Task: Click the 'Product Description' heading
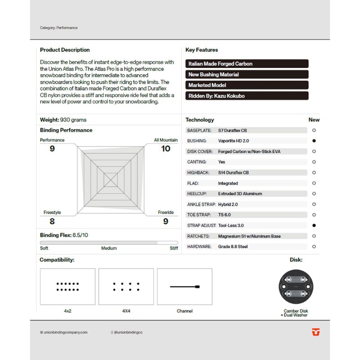click(x=65, y=50)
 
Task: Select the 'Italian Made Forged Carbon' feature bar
click(x=247, y=64)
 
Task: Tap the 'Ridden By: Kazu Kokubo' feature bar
click(x=247, y=96)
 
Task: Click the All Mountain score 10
click(x=166, y=148)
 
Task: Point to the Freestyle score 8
click(x=52, y=221)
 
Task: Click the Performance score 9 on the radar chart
click(x=52, y=148)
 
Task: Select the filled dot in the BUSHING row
click(x=314, y=141)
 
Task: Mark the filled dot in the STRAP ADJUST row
click(x=314, y=225)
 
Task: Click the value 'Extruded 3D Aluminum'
click(x=240, y=194)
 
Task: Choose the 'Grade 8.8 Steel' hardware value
click(x=233, y=247)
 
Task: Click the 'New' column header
click(x=314, y=120)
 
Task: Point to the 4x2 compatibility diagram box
click(x=67, y=287)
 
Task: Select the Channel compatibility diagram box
click(x=184, y=287)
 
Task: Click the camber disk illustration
click(x=296, y=287)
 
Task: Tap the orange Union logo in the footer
click(x=315, y=332)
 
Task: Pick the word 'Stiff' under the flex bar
click(x=174, y=248)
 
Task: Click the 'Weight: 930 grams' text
click(x=63, y=120)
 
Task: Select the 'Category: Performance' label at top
click(x=58, y=28)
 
